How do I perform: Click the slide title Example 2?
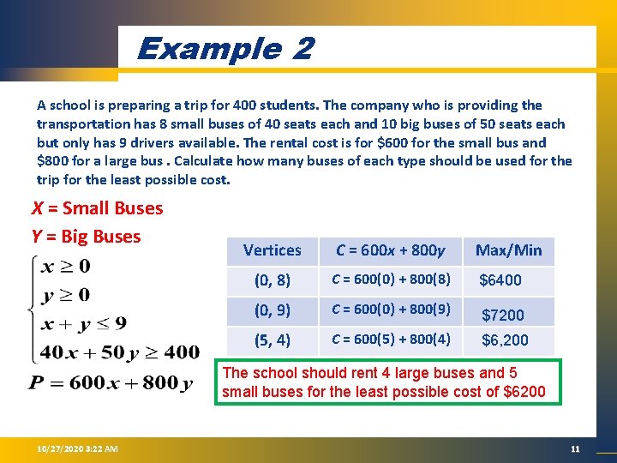(225, 48)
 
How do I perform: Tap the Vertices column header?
(272, 250)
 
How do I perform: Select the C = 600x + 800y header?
(391, 250)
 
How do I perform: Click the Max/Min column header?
(508, 250)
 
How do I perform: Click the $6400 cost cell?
(500, 280)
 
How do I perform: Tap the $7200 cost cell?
(503, 315)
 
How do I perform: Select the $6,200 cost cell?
(505, 340)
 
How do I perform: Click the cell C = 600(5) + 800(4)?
(391, 340)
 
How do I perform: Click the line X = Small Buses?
(97, 208)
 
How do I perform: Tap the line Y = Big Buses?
(86, 236)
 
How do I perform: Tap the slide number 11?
(575, 449)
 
